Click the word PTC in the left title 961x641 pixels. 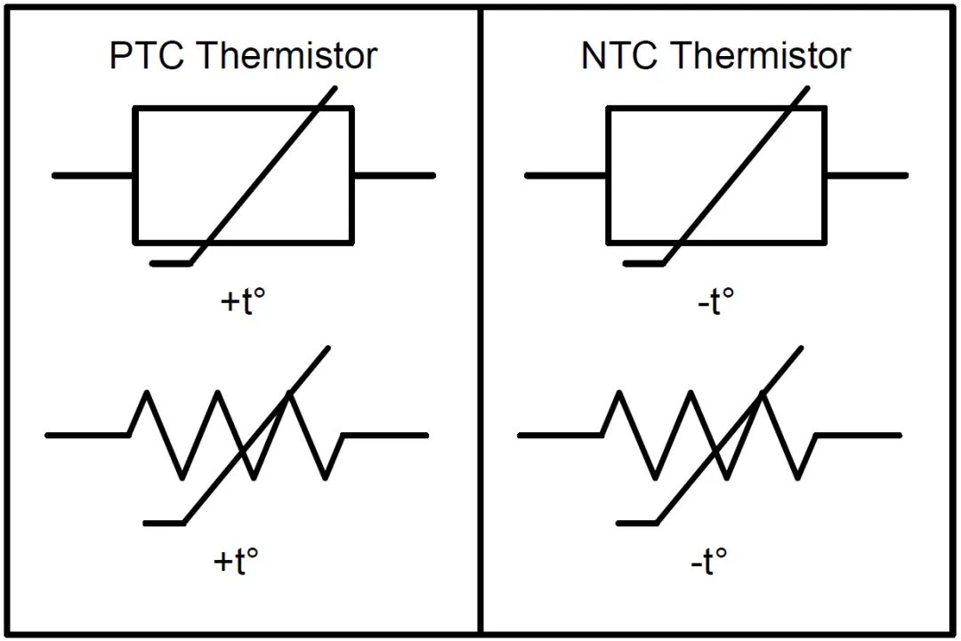coord(148,56)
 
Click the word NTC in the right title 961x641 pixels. coord(620,56)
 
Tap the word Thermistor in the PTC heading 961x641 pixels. coord(287,56)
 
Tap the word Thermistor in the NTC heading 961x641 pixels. coord(760,56)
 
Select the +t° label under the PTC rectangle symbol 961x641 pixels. coord(243,302)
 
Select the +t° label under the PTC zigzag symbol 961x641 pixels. coord(237,561)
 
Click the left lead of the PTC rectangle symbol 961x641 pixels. coord(93,175)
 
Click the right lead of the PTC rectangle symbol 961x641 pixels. coord(393,175)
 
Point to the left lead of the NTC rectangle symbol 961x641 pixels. coord(567,175)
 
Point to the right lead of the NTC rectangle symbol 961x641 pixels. coord(866,175)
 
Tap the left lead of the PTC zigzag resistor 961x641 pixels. coord(86,435)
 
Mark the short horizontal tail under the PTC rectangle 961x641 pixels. coord(170,263)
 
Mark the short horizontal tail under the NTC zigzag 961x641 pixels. coord(635,523)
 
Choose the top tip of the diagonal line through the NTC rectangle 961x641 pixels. coord(807,88)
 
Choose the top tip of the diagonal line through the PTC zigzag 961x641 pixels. coord(327,349)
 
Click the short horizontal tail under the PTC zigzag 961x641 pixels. coord(164,523)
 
